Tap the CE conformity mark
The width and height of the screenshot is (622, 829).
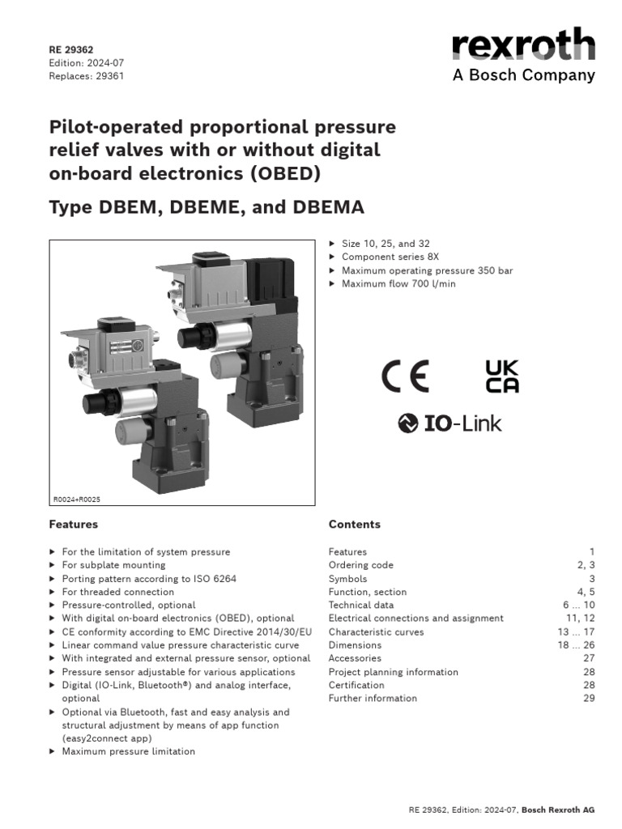click(405, 376)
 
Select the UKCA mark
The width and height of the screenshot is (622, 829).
click(502, 376)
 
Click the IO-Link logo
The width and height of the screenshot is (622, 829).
click(449, 423)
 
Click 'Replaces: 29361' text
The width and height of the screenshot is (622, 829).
click(87, 76)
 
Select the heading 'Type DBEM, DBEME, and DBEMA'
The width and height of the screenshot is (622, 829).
click(207, 207)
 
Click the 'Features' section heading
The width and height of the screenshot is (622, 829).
click(74, 525)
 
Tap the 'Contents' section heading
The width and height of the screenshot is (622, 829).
click(354, 525)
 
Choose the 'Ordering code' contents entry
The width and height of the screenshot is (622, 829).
click(360, 565)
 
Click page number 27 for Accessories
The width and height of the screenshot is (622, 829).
click(589, 658)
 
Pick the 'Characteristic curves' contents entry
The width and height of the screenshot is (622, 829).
click(376, 631)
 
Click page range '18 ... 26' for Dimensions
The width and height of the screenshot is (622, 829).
click(576, 645)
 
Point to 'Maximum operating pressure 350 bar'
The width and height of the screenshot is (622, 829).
click(427, 270)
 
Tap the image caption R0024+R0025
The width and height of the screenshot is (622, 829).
click(77, 500)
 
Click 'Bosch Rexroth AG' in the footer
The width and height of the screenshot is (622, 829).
click(558, 810)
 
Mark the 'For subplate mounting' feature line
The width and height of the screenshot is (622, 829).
click(113, 565)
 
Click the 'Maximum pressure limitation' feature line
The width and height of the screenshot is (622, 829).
click(128, 751)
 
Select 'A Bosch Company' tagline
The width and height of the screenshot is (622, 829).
click(524, 76)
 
